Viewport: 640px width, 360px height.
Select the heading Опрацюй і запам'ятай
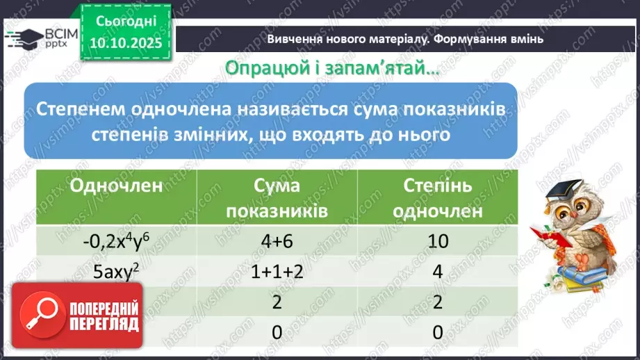tap(333, 68)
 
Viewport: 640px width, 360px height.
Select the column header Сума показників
tap(277, 198)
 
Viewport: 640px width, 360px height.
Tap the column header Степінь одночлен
tap(437, 198)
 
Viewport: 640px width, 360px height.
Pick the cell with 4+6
tap(277, 241)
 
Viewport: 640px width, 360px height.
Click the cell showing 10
tap(437, 241)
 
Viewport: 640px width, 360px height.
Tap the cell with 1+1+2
tap(277, 272)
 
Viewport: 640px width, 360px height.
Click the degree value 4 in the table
tap(437, 272)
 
